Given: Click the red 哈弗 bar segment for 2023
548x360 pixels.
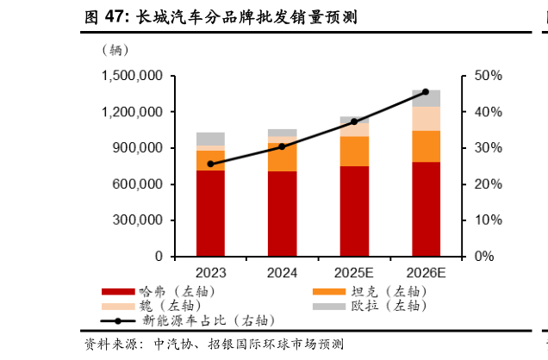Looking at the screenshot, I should pyautogui.click(x=210, y=213).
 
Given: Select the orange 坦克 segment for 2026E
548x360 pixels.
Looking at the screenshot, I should pyautogui.click(x=426, y=146).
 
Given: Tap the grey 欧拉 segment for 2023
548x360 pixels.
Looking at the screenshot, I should pyautogui.click(x=210, y=138).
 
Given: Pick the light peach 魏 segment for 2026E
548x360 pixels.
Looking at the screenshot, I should pyautogui.click(x=426, y=118).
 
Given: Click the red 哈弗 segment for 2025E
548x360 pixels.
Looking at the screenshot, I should pyautogui.click(x=354, y=210).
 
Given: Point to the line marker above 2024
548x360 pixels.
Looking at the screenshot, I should pyautogui.click(x=282, y=146).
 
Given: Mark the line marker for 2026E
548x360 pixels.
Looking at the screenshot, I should pyautogui.click(x=426, y=91).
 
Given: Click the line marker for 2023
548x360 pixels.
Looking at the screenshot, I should pyautogui.click(x=210, y=164).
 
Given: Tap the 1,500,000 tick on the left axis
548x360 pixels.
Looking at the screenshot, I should pyautogui.click(x=133, y=76).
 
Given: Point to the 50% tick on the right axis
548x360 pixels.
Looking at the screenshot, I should pyautogui.click(x=488, y=76).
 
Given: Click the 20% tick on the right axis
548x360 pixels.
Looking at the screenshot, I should pyautogui.click(x=488, y=184).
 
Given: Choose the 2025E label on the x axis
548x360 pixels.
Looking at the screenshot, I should pyautogui.click(x=354, y=273).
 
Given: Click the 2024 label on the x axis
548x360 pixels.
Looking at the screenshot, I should pyautogui.click(x=282, y=273).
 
